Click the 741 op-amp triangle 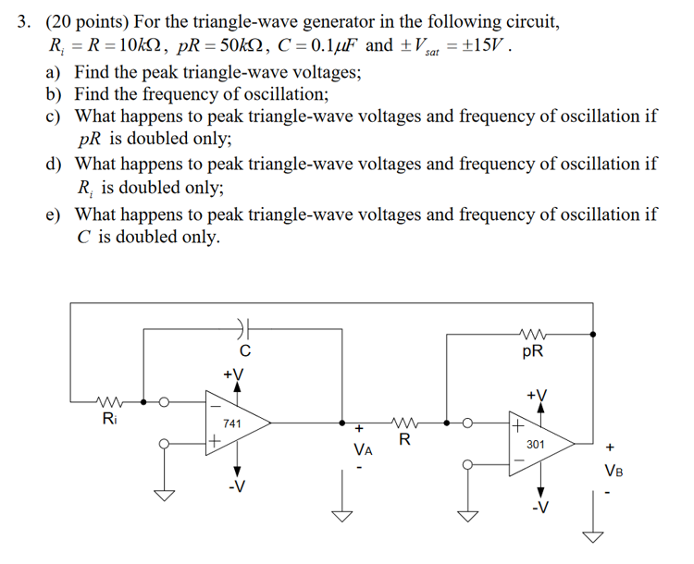tap(236, 423)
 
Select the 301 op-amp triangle tap(541, 444)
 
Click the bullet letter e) tap(55, 214)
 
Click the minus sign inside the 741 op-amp tap(216, 404)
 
